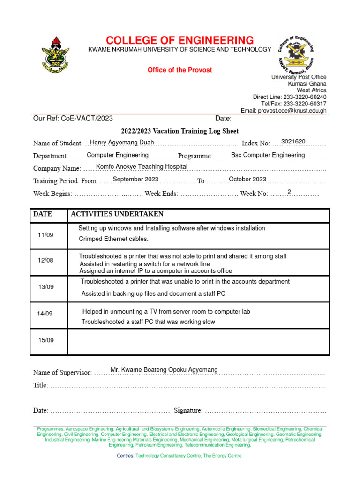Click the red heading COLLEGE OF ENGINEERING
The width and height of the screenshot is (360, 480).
tap(180, 40)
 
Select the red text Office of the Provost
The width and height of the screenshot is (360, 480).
tap(180, 70)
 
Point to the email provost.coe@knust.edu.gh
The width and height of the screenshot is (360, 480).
tap(284, 111)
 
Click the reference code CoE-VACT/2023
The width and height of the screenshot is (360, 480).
tap(87, 119)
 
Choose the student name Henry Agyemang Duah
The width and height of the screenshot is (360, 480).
tap(122, 142)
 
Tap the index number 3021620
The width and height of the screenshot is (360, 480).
tap(293, 142)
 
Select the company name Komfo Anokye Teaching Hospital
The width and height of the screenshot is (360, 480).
tap(142, 166)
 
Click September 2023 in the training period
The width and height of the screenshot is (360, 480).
tap(135, 179)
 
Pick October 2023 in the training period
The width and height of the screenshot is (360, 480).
tap(247, 179)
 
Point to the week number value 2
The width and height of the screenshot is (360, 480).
tap(289, 192)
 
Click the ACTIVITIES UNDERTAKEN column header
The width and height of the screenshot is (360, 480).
tap(117, 214)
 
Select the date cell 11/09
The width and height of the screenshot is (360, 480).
tap(45, 235)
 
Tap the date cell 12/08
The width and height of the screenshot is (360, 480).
tap(45, 260)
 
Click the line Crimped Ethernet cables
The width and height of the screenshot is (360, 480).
tap(113, 239)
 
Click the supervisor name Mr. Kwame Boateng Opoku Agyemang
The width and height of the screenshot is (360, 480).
tap(164, 370)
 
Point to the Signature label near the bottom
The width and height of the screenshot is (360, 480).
tap(188, 411)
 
